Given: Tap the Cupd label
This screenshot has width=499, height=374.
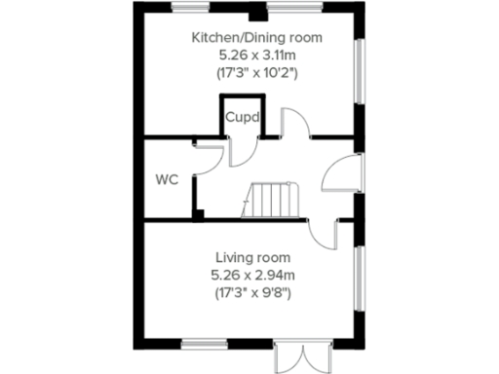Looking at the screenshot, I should click(243, 118).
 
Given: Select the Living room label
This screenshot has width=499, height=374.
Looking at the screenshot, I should click(252, 258).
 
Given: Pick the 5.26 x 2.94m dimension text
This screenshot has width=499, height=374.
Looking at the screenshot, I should click(252, 275).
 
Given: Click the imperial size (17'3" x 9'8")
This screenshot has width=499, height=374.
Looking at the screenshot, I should click(252, 291).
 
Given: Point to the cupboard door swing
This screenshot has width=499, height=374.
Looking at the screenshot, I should click(245, 146).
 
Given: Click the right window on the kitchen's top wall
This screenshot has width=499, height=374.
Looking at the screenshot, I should click(297, 8).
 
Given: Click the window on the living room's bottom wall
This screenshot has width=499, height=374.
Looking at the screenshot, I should click(205, 342).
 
